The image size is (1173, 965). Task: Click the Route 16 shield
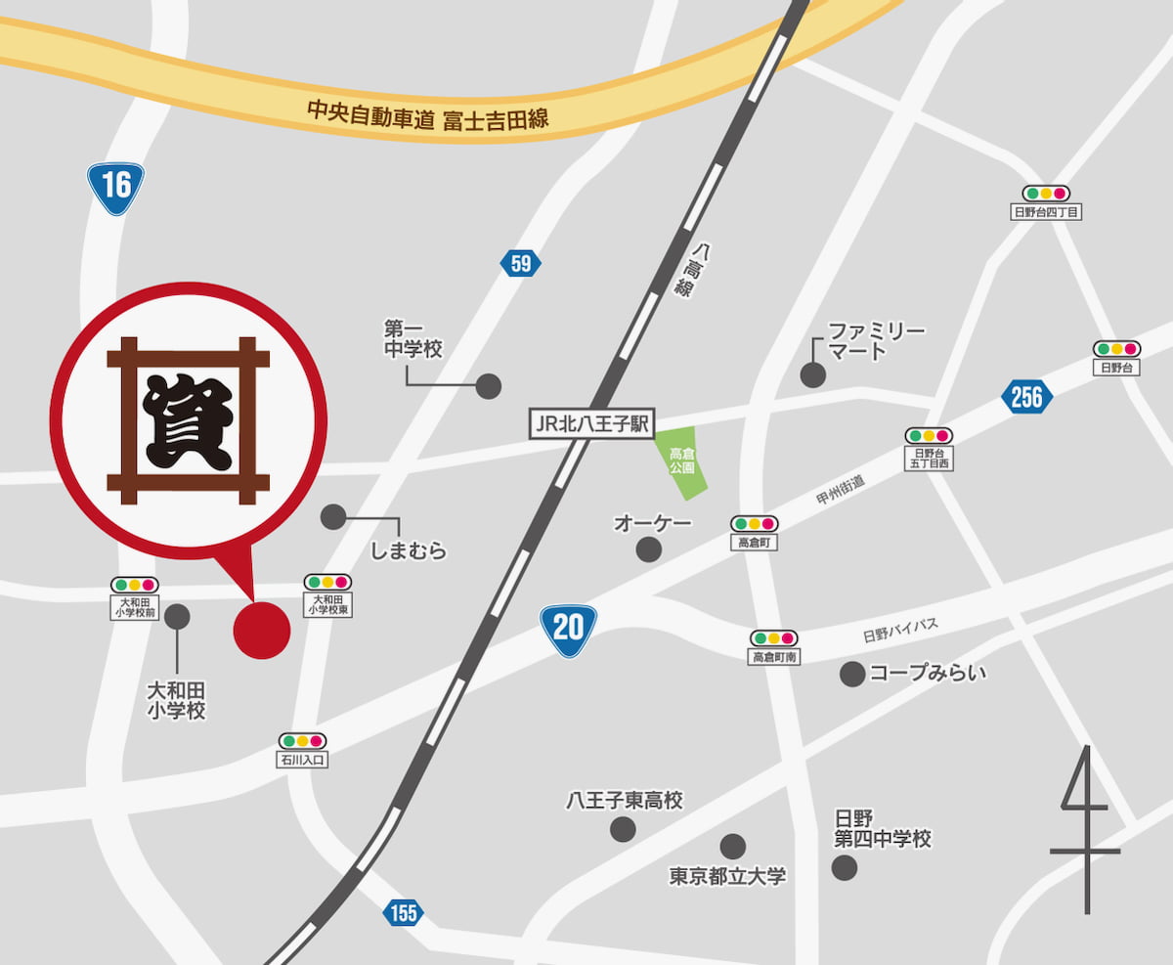pos(115,186)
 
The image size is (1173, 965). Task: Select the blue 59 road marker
pos(520,263)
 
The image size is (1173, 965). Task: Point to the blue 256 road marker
pos(1027,397)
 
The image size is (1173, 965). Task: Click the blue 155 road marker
pos(403,913)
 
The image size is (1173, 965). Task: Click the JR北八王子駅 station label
pos(592,424)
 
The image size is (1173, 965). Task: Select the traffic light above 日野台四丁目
pos(1046,194)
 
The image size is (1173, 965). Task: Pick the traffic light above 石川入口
pos(302,741)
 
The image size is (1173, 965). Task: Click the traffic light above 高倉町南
pos(774,638)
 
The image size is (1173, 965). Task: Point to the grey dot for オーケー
pos(648,549)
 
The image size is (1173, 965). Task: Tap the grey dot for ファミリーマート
pos(812,374)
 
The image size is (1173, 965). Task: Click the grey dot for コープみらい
pos(852,674)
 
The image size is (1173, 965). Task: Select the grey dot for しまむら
pos(333,516)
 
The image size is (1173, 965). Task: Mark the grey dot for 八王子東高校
pos(623,830)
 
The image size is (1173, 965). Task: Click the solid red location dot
pos(262,630)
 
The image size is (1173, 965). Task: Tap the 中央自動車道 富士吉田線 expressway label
pos(428,115)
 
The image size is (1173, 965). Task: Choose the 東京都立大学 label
pos(727,876)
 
